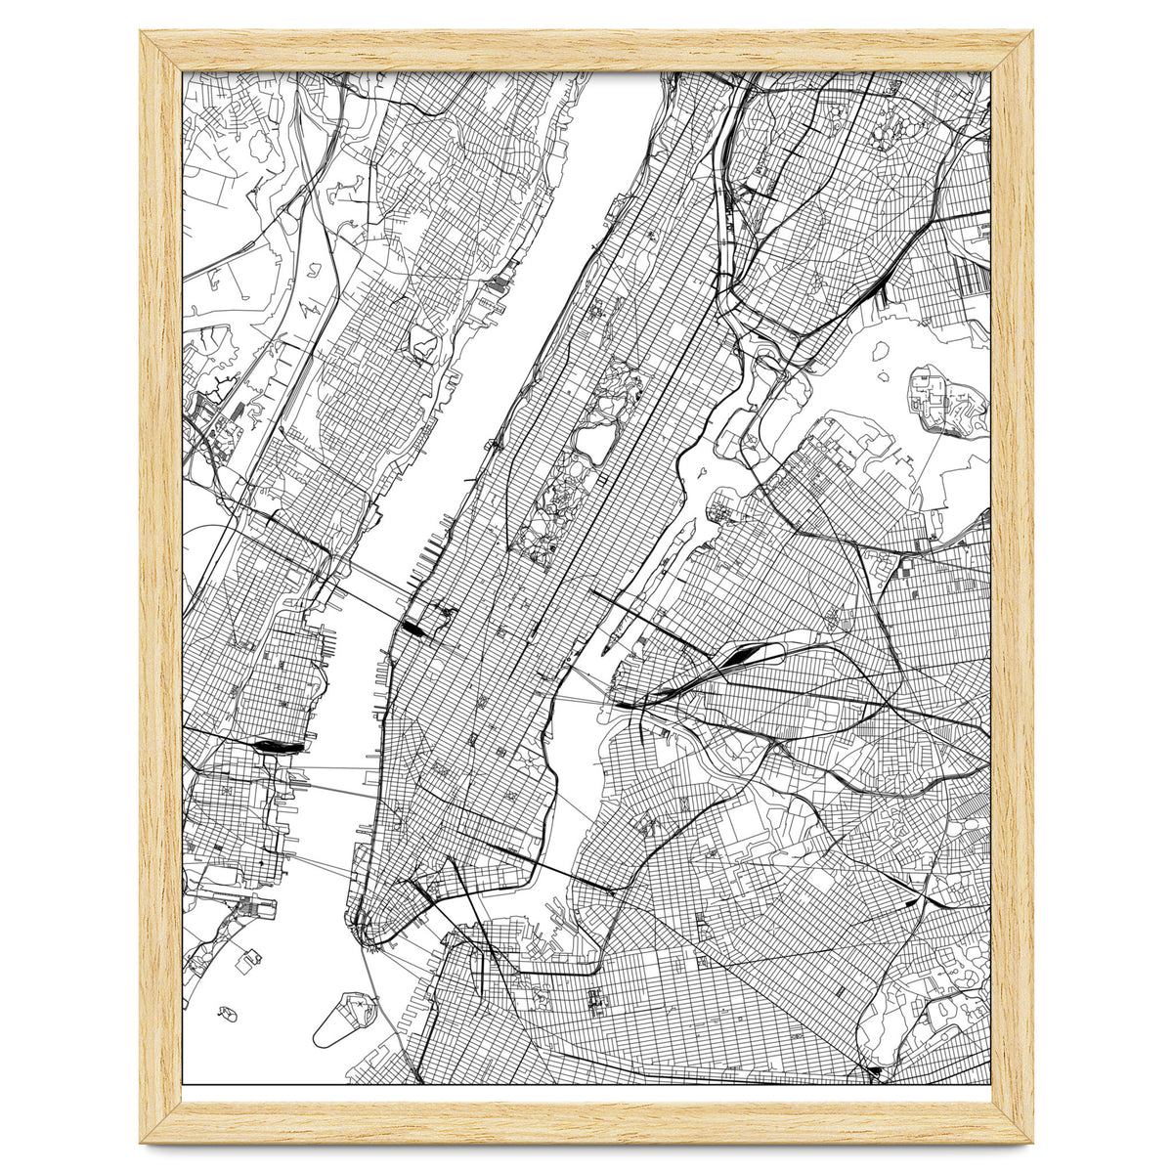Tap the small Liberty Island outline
(228, 1014)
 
